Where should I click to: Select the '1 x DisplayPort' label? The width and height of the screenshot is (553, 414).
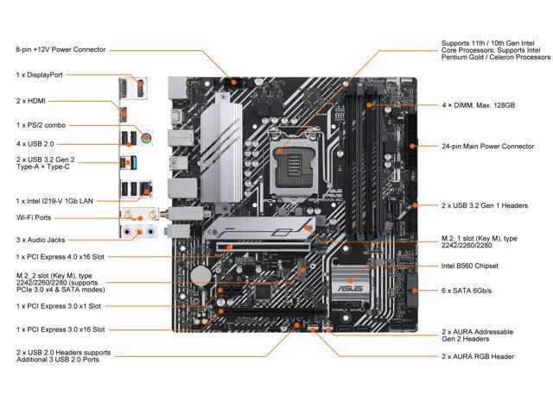[x=38, y=76]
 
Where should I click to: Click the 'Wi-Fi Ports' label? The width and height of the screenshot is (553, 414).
[x=33, y=216]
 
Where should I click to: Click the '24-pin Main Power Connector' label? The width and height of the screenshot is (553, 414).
[x=487, y=147]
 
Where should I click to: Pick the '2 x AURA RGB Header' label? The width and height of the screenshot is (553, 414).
[x=478, y=356]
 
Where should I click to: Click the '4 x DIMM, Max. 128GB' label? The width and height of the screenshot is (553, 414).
[x=478, y=104]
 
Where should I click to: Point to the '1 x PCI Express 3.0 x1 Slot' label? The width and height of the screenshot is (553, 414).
[x=59, y=306]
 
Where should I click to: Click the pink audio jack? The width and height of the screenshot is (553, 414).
[x=127, y=231]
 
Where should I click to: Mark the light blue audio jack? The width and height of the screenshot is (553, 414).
[x=151, y=231]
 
